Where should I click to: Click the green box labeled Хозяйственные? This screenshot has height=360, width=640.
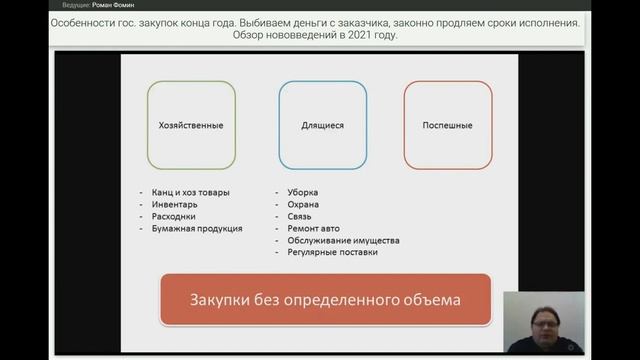(x=191, y=125)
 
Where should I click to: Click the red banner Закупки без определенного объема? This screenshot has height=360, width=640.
(x=326, y=300)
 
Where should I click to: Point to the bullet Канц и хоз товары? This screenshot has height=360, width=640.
(x=193, y=192)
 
